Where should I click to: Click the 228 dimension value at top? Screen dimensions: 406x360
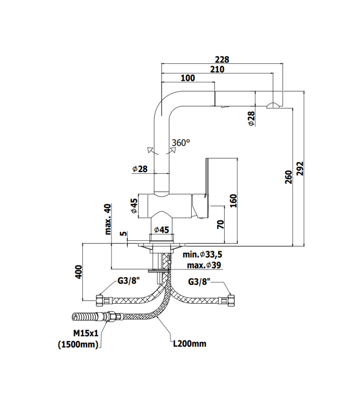[x=221, y=60]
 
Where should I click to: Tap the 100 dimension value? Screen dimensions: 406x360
[x=188, y=78]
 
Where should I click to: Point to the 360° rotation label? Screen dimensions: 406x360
[x=181, y=143]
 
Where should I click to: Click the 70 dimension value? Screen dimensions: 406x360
[x=220, y=224]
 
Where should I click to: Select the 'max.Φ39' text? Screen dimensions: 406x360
[x=203, y=265]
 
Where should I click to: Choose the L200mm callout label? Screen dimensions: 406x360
[x=189, y=343]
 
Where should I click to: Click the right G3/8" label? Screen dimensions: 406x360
[x=200, y=282]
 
